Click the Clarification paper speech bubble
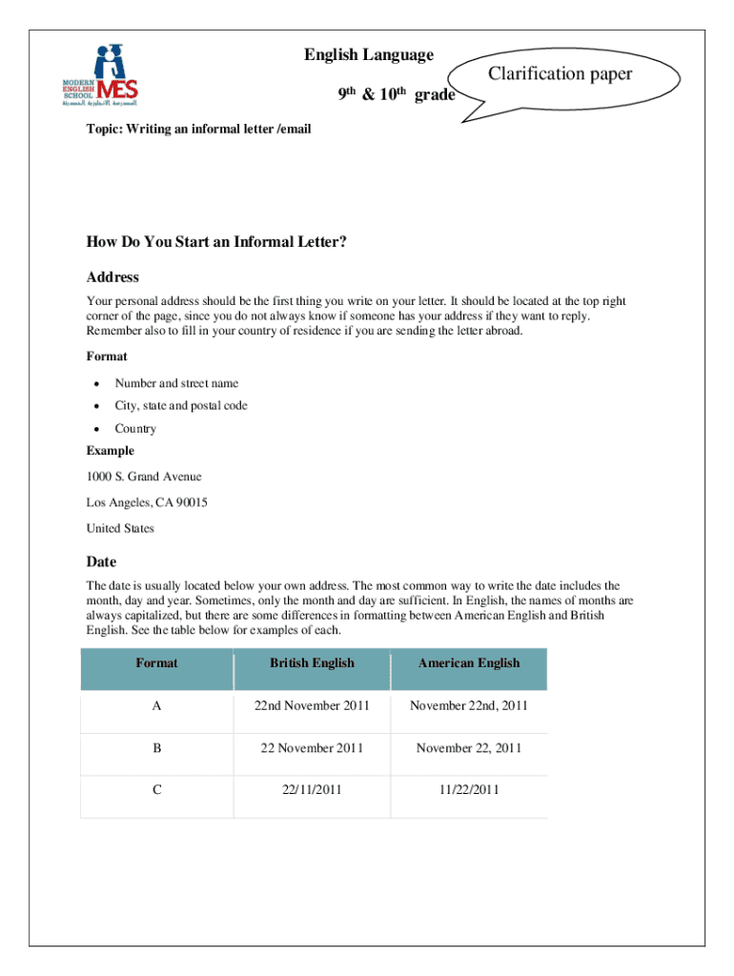(560, 74)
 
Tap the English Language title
(369, 55)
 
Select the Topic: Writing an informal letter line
(199, 129)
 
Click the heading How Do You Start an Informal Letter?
(216, 242)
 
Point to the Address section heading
(112, 277)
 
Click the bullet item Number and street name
(176, 383)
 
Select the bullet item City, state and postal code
(181, 406)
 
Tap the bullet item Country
(135, 429)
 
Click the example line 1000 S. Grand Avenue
(144, 477)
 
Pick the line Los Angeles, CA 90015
(147, 502)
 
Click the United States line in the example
(120, 528)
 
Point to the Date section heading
(101, 562)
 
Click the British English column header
(312, 663)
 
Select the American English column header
(468, 663)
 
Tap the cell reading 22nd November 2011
(312, 706)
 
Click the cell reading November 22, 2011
(468, 748)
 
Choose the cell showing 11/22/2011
(468, 790)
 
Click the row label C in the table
(156, 790)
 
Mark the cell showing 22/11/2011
(312, 790)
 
